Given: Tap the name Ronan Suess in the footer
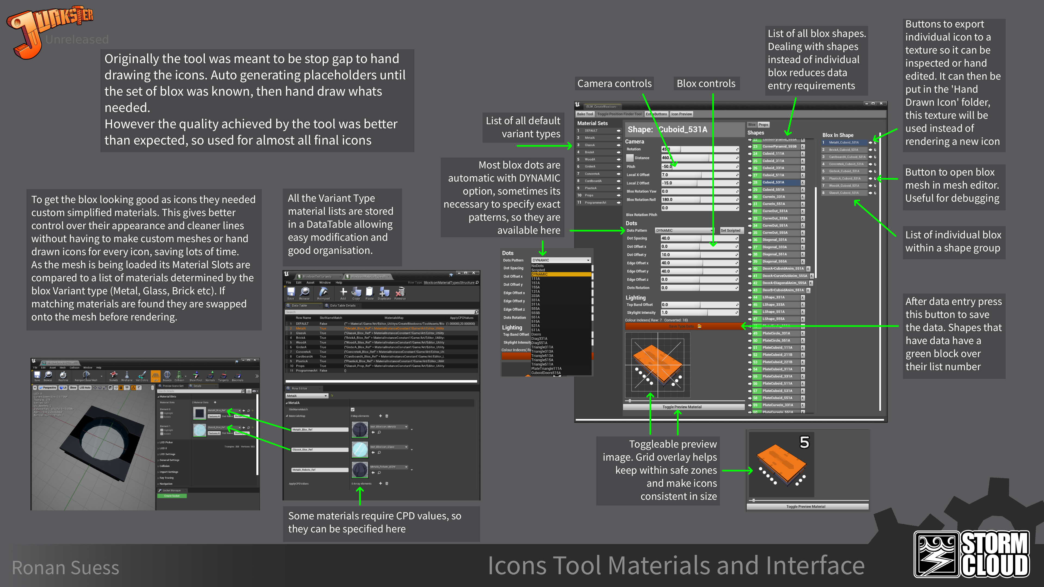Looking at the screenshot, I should tap(65, 567).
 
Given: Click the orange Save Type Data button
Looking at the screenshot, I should tap(684, 326).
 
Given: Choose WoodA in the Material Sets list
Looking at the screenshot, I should tap(590, 159).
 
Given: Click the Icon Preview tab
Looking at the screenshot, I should tap(681, 114).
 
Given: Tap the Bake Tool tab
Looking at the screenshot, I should tap(585, 114).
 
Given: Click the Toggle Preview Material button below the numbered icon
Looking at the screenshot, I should tap(805, 506).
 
